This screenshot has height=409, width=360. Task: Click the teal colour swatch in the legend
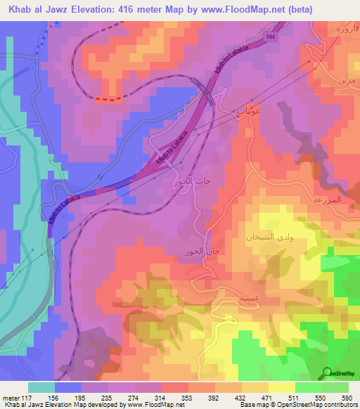(x=41, y=387)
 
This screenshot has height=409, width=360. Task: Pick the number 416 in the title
(x=135, y=9)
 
